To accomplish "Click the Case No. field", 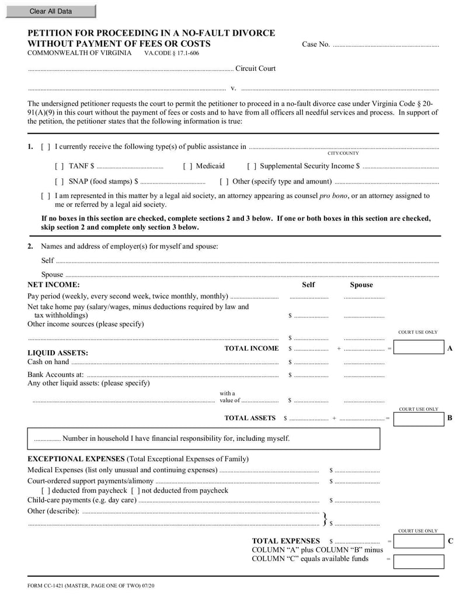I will coord(385,45).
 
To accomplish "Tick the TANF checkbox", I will coord(60,167).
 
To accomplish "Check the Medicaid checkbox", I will coord(187,167).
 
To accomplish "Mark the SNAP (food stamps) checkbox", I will coord(60,182).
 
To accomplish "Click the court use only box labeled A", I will coord(418,348).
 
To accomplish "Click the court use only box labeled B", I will coord(418,419).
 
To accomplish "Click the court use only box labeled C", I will coord(418,541).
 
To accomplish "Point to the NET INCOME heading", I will coord(54,285).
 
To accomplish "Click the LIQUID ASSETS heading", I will coord(58,353).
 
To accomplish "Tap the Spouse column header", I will coord(361,285).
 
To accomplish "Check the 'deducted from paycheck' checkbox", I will coord(46,491).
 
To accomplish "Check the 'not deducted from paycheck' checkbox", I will coord(135,491).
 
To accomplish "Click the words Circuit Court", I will coord(255,68).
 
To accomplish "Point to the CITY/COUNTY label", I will coord(343,154).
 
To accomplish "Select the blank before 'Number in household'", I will coord(47,439).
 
